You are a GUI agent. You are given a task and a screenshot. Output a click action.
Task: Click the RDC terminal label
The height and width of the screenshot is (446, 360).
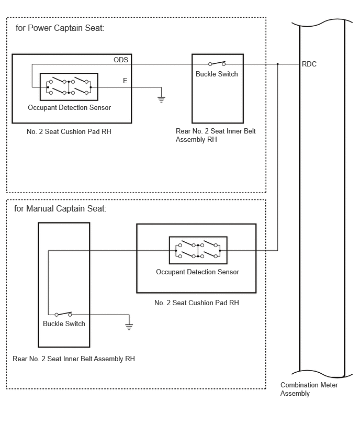(x=309, y=64)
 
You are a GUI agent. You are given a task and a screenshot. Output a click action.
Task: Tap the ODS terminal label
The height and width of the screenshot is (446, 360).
(x=121, y=60)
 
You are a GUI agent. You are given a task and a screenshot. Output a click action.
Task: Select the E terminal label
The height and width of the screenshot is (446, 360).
(x=125, y=81)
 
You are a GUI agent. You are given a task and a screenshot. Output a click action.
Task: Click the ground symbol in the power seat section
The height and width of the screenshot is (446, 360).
(x=161, y=99)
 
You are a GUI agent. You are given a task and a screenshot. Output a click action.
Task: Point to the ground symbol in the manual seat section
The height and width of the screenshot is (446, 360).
(x=129, y=327)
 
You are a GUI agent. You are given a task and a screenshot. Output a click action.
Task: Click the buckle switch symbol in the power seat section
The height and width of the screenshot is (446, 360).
(x=217, y=63)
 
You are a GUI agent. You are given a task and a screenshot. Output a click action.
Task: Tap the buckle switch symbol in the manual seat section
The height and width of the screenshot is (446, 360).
(x=63, y=314)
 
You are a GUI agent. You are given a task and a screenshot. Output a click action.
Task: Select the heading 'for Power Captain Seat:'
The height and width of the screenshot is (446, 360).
(x=60, y=28)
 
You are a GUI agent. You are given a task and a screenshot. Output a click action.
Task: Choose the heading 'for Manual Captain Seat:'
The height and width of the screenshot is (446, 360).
(x=60, y=208)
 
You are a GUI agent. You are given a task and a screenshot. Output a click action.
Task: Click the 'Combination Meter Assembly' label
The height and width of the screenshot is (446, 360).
(x=309, y=389)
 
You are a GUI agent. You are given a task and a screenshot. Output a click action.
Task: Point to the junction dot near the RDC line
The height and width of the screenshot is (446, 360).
(x=278, y=64)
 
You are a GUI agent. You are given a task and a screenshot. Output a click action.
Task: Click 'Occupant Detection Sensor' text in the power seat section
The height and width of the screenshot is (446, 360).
(x=70, y=107)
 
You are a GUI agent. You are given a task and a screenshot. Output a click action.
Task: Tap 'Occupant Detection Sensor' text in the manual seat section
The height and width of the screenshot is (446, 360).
(x=198, y=272)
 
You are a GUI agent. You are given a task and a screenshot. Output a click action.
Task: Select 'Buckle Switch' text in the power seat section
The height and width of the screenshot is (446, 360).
(x=217, y=74)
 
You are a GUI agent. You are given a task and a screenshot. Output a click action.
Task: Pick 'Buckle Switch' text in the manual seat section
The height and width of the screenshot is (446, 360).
(x=64, y=324)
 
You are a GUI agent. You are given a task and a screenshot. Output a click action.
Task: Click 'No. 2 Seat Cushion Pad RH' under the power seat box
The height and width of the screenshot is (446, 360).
(x=69, y=131)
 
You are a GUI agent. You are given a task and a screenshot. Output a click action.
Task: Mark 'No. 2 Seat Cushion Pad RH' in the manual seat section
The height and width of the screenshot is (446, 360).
(x=197, y=303)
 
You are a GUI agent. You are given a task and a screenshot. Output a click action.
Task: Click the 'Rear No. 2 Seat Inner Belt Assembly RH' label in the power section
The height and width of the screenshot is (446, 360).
(x=216, y=135)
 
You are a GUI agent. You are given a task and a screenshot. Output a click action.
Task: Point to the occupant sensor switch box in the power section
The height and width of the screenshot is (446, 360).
(x=69, y=87)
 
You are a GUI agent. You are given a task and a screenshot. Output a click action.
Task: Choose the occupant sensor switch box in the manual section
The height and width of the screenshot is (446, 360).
(x=198, y=250)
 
